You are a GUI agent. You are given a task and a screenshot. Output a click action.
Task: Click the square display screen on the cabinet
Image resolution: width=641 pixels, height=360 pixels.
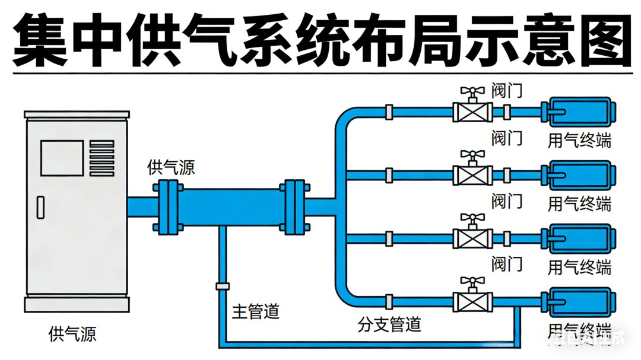point(62,158)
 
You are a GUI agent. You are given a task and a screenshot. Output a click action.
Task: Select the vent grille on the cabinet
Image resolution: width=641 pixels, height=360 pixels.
point(101,157)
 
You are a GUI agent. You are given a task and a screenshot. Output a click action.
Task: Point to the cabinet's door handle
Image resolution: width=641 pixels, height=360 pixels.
point(40,206)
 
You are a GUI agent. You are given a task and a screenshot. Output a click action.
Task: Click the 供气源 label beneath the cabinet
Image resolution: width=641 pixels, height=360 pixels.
point(72,333)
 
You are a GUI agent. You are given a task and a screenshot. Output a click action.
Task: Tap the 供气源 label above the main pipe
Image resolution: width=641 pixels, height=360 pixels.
point(171,167)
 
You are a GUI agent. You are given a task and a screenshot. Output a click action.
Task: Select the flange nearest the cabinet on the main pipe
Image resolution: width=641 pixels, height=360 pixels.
point(167,206)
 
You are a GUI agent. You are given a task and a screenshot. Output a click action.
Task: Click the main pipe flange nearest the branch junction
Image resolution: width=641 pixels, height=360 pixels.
point(295,206)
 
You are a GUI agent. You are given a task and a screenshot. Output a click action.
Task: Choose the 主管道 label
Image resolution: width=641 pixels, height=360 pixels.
point(255,311)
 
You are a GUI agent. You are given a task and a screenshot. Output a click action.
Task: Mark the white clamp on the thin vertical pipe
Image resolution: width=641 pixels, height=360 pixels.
point(223,286)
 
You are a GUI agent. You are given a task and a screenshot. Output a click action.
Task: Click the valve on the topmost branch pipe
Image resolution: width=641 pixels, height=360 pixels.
point(472,111)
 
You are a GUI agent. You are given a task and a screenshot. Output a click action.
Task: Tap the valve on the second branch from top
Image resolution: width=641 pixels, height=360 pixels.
point(472,174)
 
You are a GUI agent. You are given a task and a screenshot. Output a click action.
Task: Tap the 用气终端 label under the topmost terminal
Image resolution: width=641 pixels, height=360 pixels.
point(579,141)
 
